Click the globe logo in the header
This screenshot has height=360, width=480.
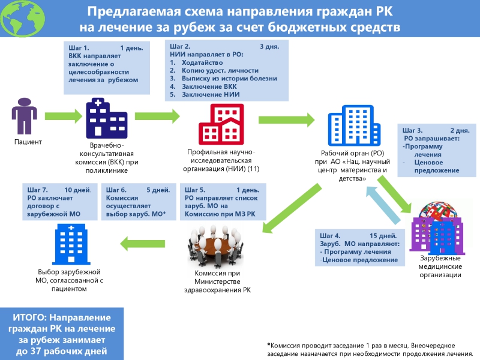pos(23,18)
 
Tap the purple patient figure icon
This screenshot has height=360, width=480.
pos(25,116)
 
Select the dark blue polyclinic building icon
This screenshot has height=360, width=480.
pos(107,118)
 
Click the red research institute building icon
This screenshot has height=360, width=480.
pos(221,124)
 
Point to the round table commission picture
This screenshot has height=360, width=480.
pos(215,247)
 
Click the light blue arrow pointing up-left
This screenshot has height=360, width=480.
pos(383,205)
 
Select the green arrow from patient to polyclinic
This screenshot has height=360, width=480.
pos(64,116)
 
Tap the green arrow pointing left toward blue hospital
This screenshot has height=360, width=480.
pos(142,244)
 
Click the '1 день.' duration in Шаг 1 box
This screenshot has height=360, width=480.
pos(131,48)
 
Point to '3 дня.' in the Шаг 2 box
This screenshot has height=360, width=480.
pos(269,47)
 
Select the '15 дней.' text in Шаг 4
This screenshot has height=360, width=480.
pos(383,236)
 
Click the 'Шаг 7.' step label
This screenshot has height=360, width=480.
pos(37,190)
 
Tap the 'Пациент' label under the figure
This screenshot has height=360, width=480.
pos(28,142)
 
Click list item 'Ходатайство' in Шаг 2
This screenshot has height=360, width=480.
pos(202,62)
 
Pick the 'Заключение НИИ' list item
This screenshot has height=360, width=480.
pos(211,94)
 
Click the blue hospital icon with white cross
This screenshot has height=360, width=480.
pos(71,244)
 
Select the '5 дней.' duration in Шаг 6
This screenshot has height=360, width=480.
pos(158,190)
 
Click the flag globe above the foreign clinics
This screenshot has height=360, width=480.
pos(439,211)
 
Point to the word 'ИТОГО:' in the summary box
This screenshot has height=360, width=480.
pos(29,317)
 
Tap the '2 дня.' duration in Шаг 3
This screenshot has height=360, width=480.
pos(460,130)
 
